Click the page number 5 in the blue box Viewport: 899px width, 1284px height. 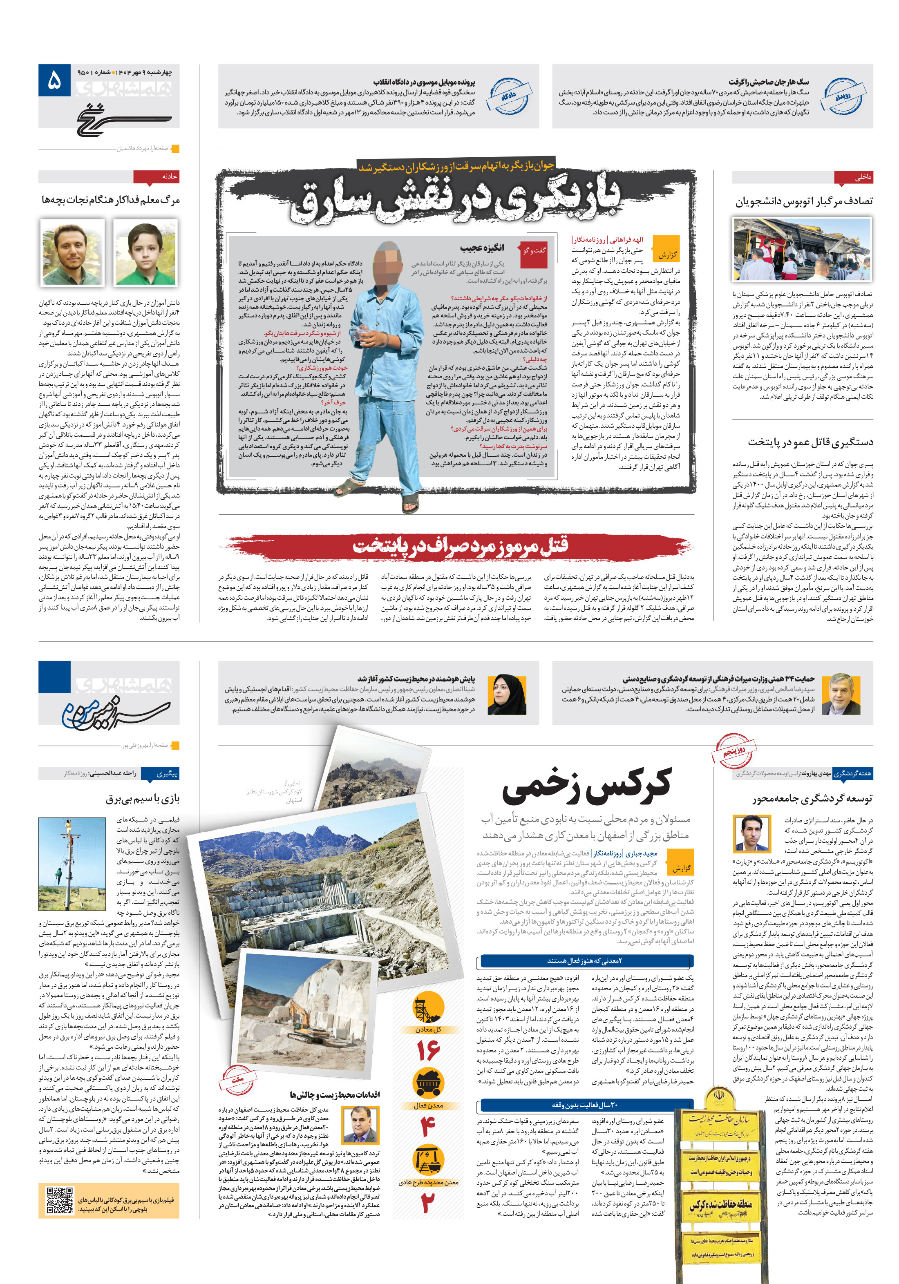[54, 81]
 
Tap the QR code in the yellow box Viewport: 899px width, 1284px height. [60, 1200]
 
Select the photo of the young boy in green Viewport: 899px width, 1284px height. [145, 252]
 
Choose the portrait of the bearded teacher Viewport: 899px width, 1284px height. [72, 252]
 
